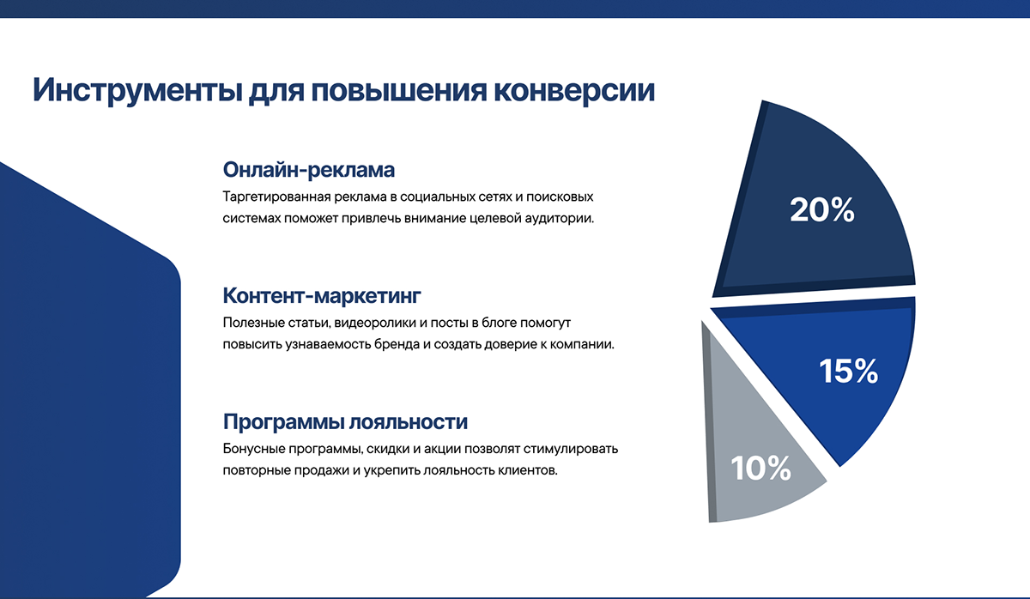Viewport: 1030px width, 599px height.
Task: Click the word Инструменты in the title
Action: (137, 91)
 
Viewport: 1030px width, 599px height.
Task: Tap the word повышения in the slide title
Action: (398, 90)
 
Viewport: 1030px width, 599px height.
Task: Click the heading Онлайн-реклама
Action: (308, 170)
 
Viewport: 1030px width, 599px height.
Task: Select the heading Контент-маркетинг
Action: (322, 295)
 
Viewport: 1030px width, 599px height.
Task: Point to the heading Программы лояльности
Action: (345, 421)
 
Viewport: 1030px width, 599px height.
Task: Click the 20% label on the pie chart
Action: (822, 210)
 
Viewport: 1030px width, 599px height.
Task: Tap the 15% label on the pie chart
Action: (848, 371)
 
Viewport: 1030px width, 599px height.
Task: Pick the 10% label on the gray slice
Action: (761, 468)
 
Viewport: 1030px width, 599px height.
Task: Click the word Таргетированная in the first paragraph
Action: (276, 197)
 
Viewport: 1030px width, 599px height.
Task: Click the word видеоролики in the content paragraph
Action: (375, 324)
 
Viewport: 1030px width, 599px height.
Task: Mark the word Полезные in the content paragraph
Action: (254, 323)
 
